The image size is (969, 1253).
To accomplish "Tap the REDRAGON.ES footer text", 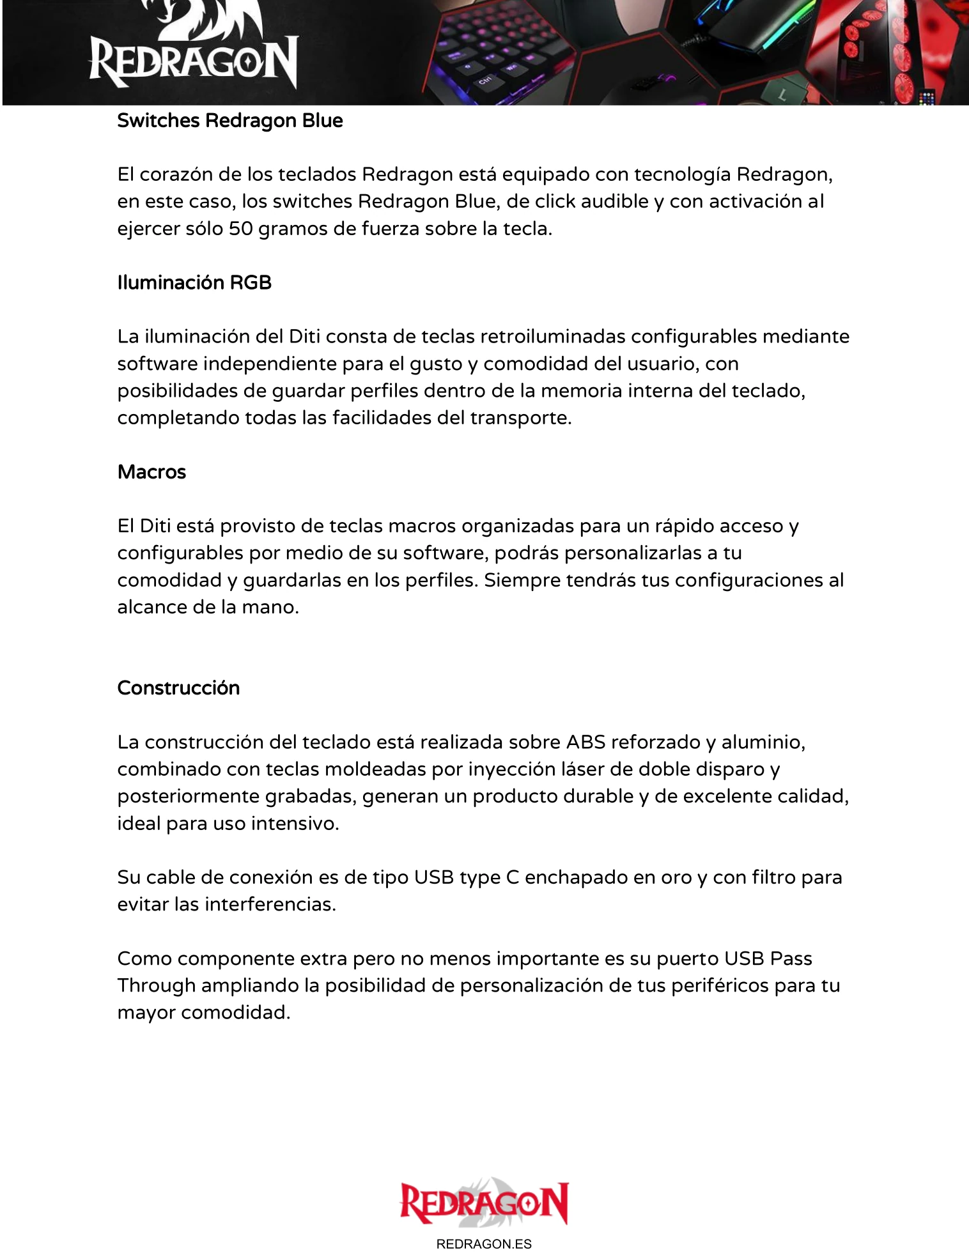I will (x=484, y=1243).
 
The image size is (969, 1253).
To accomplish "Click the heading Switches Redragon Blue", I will (x=230, y=121).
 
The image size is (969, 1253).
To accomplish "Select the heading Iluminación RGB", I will (x=194, y=282).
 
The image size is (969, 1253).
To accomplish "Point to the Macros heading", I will (x=151, y=472).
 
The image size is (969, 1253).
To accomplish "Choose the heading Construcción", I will (x=178, y=688).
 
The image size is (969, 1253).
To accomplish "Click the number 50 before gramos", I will (x=241, y=229).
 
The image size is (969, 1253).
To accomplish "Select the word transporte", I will (x=520, y=418).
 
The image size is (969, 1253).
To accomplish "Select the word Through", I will (x=157, y=986).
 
